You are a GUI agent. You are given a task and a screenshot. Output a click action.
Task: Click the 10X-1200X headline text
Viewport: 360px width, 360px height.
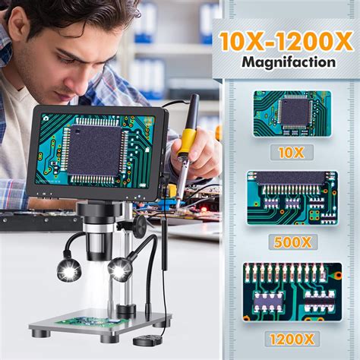pyautogui.click(x=287, y=39)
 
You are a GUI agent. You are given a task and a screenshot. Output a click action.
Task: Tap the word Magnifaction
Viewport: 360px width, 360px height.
pyautogui.click(x=287, y=62)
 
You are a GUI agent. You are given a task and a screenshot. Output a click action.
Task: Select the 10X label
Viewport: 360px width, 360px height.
pyautogui.click(x=292, y=152)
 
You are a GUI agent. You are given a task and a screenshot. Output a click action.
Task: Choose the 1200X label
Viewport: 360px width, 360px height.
pyautogui.click(x=292, y=337)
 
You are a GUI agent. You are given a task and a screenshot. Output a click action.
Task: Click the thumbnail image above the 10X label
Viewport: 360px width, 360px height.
pyautogui.click(x=292, y=113)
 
